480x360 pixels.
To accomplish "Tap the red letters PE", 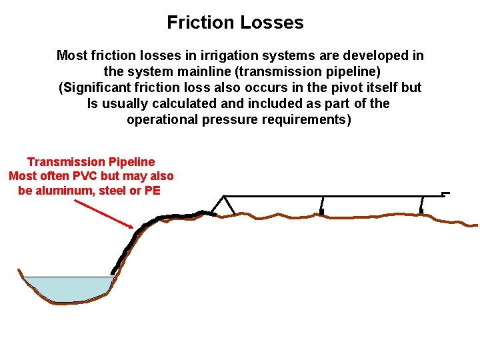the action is coord(153,191).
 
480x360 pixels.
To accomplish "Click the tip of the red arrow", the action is coord(133,229).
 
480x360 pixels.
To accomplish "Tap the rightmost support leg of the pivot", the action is coord(421,203).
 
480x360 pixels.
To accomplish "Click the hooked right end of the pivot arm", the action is coord(445,194).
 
